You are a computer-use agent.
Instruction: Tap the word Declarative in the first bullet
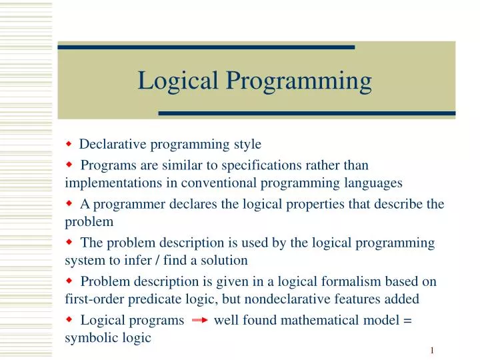pyautogui.click(x=112, y=144)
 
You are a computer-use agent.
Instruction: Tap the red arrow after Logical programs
pyautogui.click(x=199, y=321)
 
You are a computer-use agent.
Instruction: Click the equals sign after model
pyautogui.click(x=407, y=321)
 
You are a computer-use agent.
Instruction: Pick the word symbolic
pyautogui.click(x=89, y=338)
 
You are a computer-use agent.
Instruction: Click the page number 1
pyautogui.click(x=432, y=351)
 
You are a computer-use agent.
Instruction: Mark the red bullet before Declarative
pyautogui.click(x=69, y=143)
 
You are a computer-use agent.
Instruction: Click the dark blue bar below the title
pyautogui.click(x=307, y=114)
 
